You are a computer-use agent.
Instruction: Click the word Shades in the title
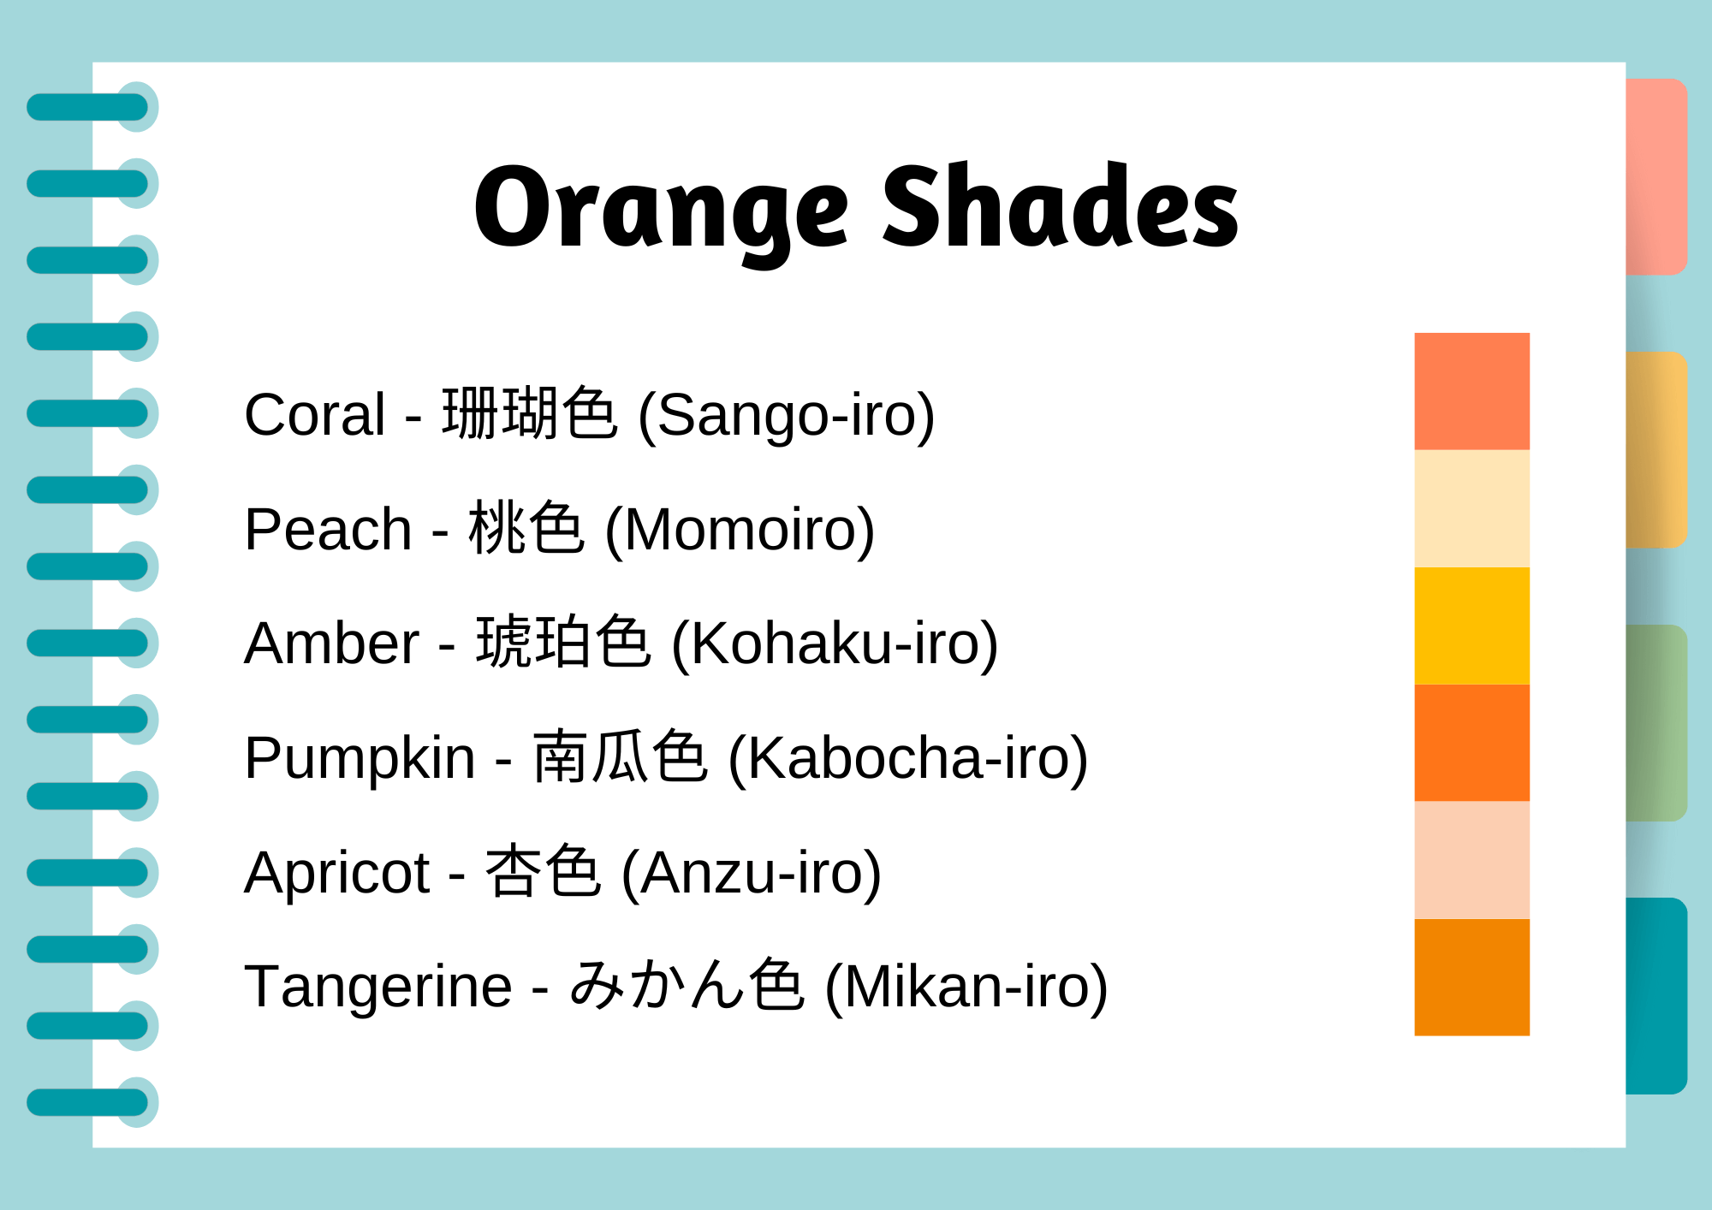pos(1060,208)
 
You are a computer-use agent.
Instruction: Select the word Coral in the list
pos(314,415)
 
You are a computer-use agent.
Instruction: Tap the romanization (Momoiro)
pos(740,530)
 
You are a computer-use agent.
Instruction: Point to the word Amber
pos(331,644)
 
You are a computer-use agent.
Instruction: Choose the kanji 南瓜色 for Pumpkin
pos(620,758)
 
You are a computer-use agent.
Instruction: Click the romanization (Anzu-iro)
pos(751,873)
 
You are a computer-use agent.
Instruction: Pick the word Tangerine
pos(377,987)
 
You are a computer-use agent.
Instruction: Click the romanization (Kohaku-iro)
pos(835,644)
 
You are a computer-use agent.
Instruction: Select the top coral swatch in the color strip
pos(1471,391)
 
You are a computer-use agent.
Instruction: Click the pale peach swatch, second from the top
pos(1471,508)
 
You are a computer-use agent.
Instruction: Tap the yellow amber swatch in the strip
pos(1471,626)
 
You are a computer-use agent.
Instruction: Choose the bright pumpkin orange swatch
pos(1471,743)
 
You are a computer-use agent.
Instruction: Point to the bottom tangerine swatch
pos(1471,977)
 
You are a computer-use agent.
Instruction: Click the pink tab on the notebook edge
pos(1656,176)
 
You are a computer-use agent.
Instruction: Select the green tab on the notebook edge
pos(1656,723)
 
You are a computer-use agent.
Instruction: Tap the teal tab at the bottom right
pos(1656,995)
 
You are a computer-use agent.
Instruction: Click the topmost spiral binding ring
pos(90,108)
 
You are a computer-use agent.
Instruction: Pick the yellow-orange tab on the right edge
pos(1656,449)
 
